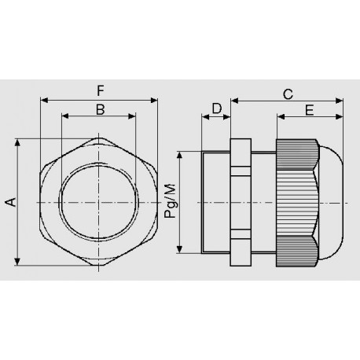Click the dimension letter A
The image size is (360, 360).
[10, 203]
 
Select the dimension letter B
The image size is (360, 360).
[100, 109]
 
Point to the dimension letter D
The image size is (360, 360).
[216, 109]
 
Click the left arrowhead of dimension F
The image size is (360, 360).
[43, 100]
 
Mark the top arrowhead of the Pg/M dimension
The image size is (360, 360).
[182, 155]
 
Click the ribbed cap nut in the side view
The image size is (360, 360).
[296, 203]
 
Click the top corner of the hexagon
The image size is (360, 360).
[100, 139]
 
